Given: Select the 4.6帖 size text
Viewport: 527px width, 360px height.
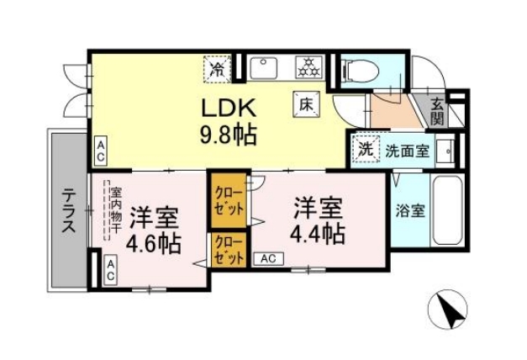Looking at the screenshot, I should tap(154, 243).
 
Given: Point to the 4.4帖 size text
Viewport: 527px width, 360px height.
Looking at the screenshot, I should tap(318, 232).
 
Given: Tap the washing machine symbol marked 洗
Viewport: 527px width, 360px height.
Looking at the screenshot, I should tap(366, 150).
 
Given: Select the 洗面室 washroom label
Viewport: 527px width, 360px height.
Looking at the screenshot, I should tap(408, 151).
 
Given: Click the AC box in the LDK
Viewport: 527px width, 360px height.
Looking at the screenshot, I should tap(100, 151).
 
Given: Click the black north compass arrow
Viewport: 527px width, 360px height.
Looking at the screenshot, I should tap(450, 313).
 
